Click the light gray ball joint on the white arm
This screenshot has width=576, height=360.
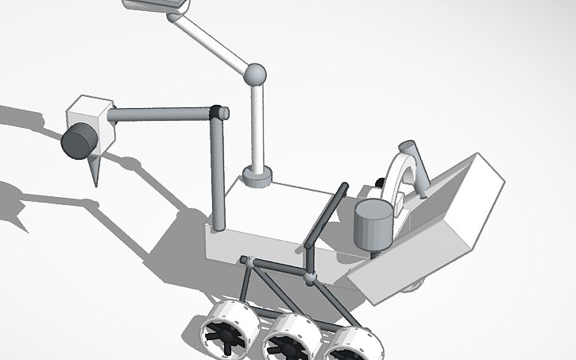coord(255,75)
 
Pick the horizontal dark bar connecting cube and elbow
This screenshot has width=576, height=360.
coord(159,114)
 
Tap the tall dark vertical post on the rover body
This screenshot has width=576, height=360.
coord(218,175)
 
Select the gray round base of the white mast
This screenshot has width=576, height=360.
coord(257,176)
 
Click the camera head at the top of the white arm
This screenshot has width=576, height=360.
coord(157,5)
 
